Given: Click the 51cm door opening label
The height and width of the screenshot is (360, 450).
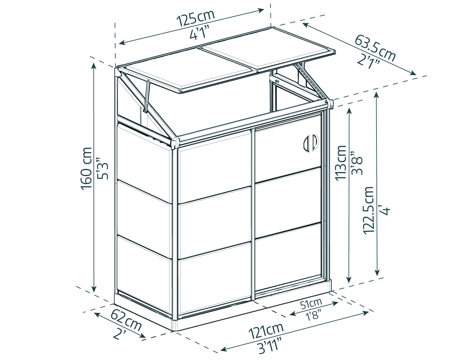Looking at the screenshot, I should pos(311,304).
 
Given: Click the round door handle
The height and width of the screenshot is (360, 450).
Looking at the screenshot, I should pos(310,142).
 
